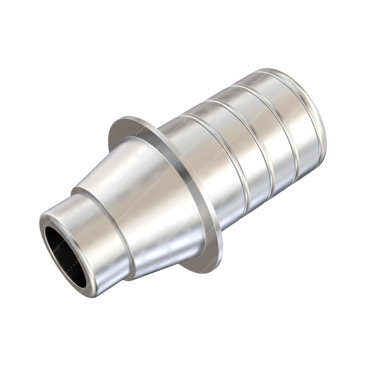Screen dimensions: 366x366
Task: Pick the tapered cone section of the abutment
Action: (x=154, y=205)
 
